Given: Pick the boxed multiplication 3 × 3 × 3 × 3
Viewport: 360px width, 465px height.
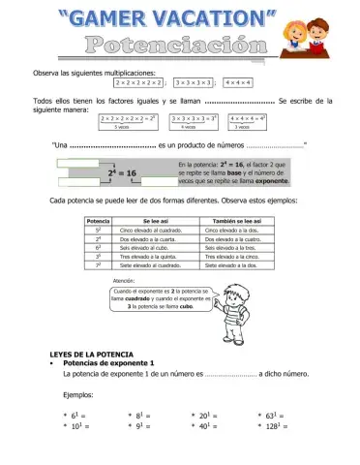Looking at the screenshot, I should pyautogui.click(x=193, y=83).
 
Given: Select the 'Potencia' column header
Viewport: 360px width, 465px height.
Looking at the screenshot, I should pyautogui.click(x=97, y=222).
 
